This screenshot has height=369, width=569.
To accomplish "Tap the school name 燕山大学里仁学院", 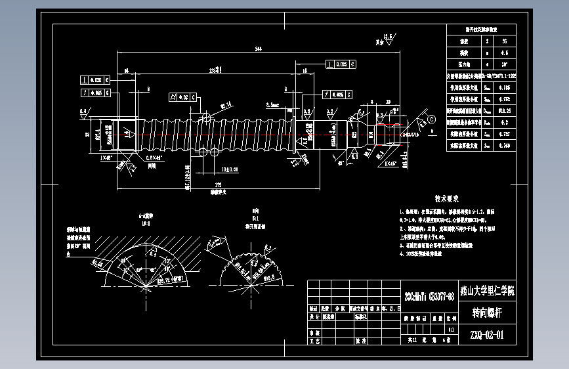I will tap(486, 291).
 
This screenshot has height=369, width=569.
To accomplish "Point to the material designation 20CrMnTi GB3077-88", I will tap(429, 292).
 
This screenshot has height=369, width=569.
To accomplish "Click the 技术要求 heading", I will tap(447, 198).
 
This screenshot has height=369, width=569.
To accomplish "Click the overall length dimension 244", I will tap(258, 49).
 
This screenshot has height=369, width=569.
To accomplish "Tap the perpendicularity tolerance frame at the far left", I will tap(95, 80).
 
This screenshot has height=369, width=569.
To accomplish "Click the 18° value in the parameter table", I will tap(505, 64).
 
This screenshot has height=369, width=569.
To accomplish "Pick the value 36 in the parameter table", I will tap(505, 41).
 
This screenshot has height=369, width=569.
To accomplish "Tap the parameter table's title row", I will tap(481, 30).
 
